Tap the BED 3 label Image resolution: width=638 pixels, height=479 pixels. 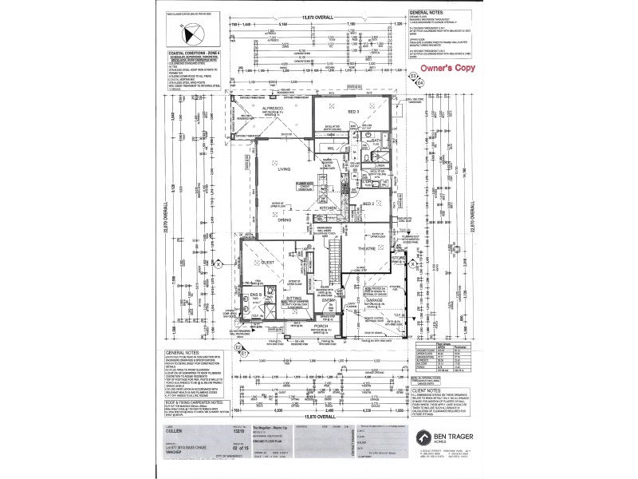353,112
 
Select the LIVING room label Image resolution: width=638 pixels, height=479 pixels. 283,169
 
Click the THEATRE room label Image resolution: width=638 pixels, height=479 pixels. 365,250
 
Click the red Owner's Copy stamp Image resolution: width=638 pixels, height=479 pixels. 448,68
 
